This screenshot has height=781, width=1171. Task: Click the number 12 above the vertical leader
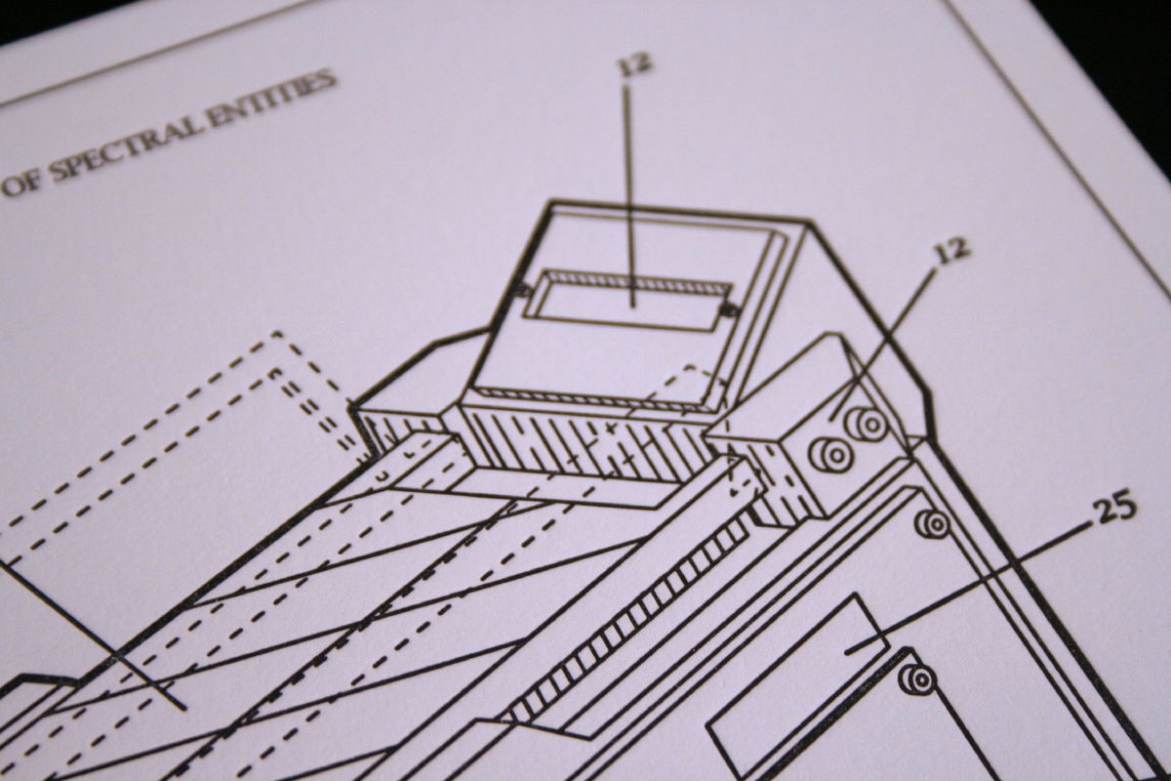635,63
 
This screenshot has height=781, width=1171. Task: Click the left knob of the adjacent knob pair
833,455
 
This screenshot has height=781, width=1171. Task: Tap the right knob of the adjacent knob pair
868,424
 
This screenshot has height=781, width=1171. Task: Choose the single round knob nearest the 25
933,523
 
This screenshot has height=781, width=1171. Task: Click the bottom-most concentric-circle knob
917,680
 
